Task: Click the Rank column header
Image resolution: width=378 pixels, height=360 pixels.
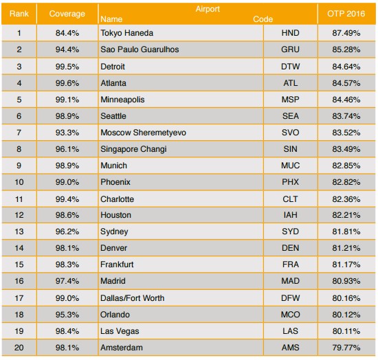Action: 19,14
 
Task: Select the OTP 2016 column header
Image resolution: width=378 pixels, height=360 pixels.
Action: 346,14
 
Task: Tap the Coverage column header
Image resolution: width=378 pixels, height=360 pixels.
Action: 67,14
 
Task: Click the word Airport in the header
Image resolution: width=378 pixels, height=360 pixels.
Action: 208,9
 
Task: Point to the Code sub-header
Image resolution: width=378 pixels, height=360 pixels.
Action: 263,19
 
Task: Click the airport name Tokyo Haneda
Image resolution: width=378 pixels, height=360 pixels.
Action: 127,33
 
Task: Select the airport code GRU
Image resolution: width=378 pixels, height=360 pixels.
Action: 290,49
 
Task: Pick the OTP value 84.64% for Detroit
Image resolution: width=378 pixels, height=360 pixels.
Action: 346,67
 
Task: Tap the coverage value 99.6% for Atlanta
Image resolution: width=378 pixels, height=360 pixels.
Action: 67,83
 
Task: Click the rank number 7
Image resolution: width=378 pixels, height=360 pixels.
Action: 19,133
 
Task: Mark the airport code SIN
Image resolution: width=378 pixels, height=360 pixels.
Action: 290,149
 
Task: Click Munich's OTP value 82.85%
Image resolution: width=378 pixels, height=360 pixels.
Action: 346,166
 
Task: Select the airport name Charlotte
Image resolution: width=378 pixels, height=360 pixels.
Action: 117,199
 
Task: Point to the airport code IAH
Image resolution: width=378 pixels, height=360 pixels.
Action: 290,215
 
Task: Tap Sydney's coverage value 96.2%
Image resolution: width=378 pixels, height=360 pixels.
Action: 67,232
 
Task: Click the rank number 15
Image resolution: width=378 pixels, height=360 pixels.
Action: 19,265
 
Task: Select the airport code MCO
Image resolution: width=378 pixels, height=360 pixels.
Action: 290,315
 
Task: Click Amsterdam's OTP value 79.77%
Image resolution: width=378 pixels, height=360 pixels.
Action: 346,348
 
